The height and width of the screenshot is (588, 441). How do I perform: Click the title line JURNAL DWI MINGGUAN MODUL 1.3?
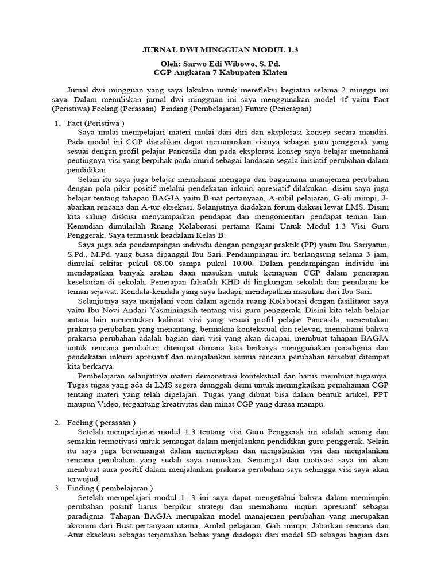(220, 51)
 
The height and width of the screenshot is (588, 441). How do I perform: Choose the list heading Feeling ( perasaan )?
(102, 423)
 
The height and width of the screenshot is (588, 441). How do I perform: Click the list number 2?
(57, 423)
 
